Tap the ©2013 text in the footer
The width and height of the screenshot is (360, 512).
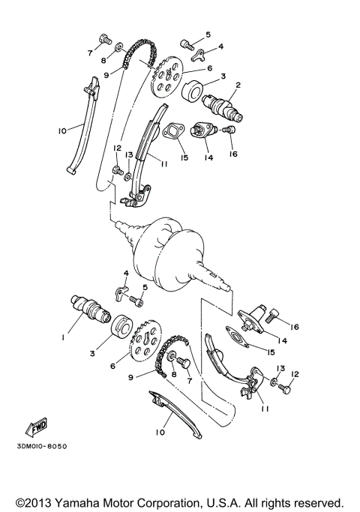tap(33, 502)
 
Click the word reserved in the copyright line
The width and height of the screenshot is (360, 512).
tap(316, 502)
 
